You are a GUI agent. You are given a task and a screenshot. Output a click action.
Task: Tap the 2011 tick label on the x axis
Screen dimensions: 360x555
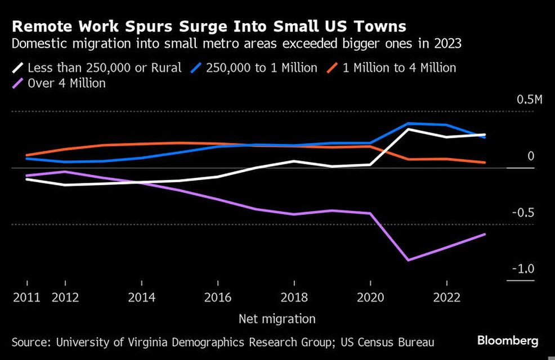pyautogui.click(x=26, y=297)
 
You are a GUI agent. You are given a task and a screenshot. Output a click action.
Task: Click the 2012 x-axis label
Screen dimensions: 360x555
pyautogui.click(x=65, y=297)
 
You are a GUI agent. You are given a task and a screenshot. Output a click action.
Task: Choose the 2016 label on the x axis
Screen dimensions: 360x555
pyautogui.click(x=218, y=297)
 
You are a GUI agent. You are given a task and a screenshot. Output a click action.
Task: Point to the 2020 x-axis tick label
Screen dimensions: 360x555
pyautogui.click(x=370, y=297)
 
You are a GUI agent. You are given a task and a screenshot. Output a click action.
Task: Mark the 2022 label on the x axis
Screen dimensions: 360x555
pyautogui.click(x=446, y=297)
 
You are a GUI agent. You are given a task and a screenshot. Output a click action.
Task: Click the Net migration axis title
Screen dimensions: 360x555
pyautogui.click(x=277, y=319)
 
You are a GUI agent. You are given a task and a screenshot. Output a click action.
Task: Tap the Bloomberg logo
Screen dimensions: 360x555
pyautogui.click(x=508, y=340)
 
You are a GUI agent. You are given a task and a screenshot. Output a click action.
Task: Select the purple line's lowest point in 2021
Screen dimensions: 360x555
pyautogui.click(x=408, y=260)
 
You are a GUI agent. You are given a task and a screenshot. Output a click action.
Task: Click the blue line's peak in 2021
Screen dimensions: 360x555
pyautogui.click(x=408, y=123)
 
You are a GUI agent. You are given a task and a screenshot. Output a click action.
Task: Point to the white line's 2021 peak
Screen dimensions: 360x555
pyautogui.click(x=408, y=129)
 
